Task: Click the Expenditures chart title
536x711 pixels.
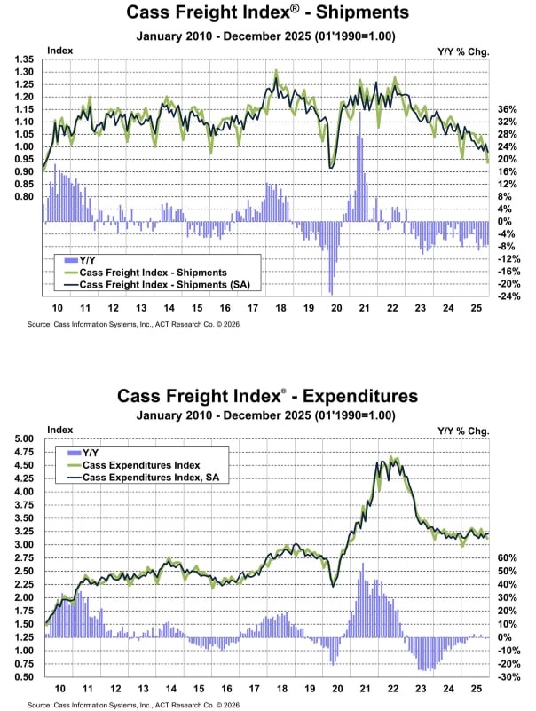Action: click(x=267, y=395)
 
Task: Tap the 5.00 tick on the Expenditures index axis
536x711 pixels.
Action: click(x=24, y=438)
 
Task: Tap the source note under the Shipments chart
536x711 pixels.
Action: click(x=133, y=326)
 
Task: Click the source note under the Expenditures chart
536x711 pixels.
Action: click(x=133, y=704)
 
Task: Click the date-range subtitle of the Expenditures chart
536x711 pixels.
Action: click(x=267, y=415)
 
